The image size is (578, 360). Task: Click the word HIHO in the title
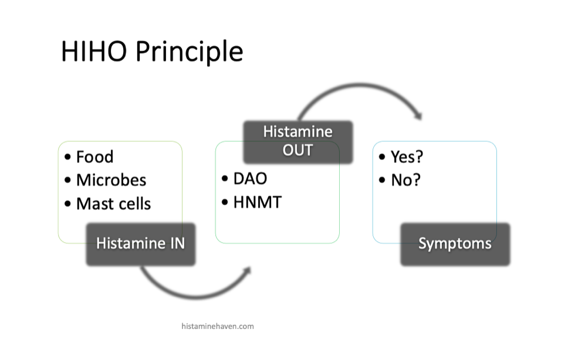94,51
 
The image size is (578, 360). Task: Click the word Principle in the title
190,52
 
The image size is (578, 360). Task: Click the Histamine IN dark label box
141,244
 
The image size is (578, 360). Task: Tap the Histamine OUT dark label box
298,142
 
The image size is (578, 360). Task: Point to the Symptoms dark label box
455,244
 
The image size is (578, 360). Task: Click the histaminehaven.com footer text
218,326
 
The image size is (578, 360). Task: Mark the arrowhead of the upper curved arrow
418,116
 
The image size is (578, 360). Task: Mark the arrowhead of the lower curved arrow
248,271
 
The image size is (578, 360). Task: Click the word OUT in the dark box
298,150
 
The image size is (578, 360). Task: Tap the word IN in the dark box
177,243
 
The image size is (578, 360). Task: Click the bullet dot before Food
67,157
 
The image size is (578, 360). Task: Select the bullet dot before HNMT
225,202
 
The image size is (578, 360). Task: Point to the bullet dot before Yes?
382,157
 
